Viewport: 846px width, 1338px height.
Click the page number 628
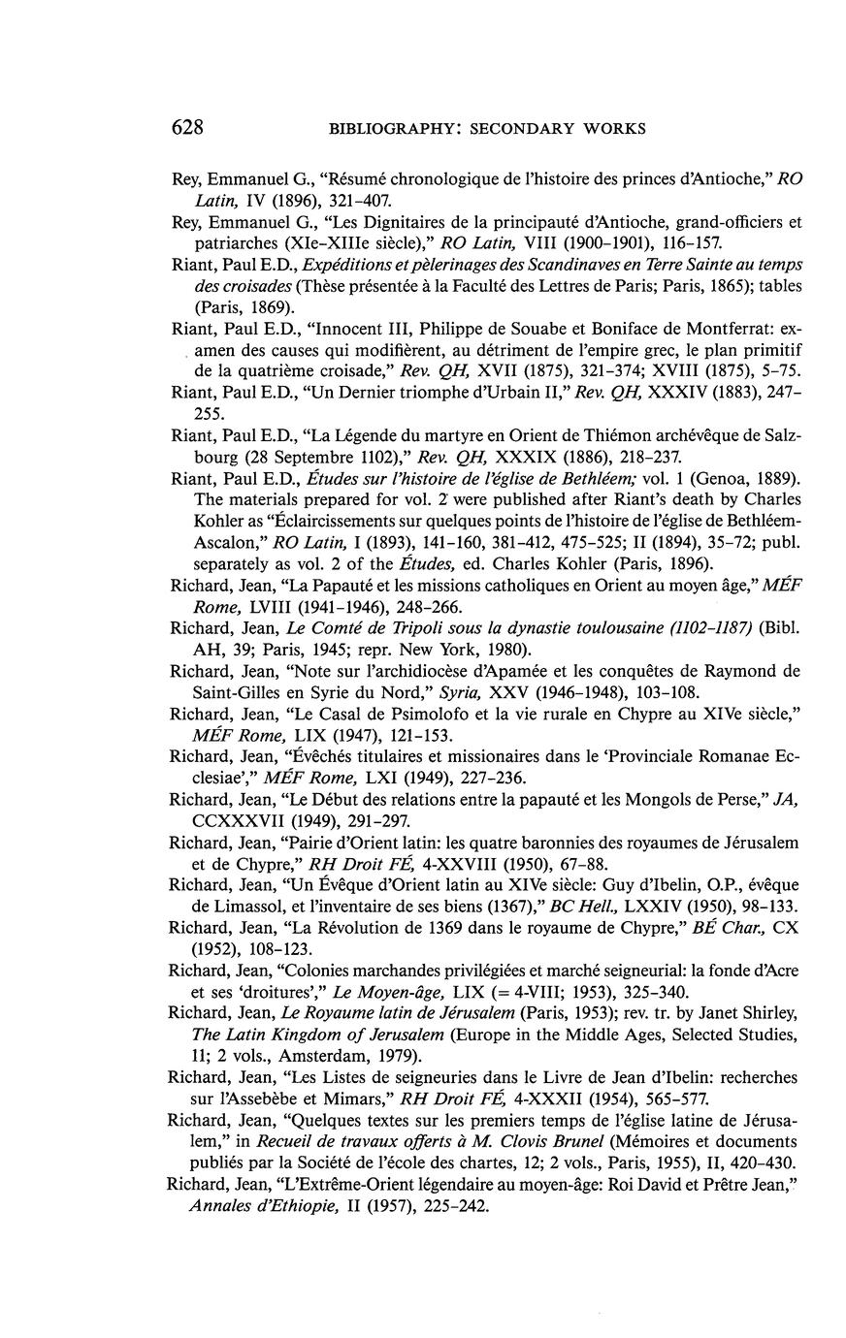(x=186, y=127)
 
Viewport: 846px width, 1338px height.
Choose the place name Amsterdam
(x=300, y=1056)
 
